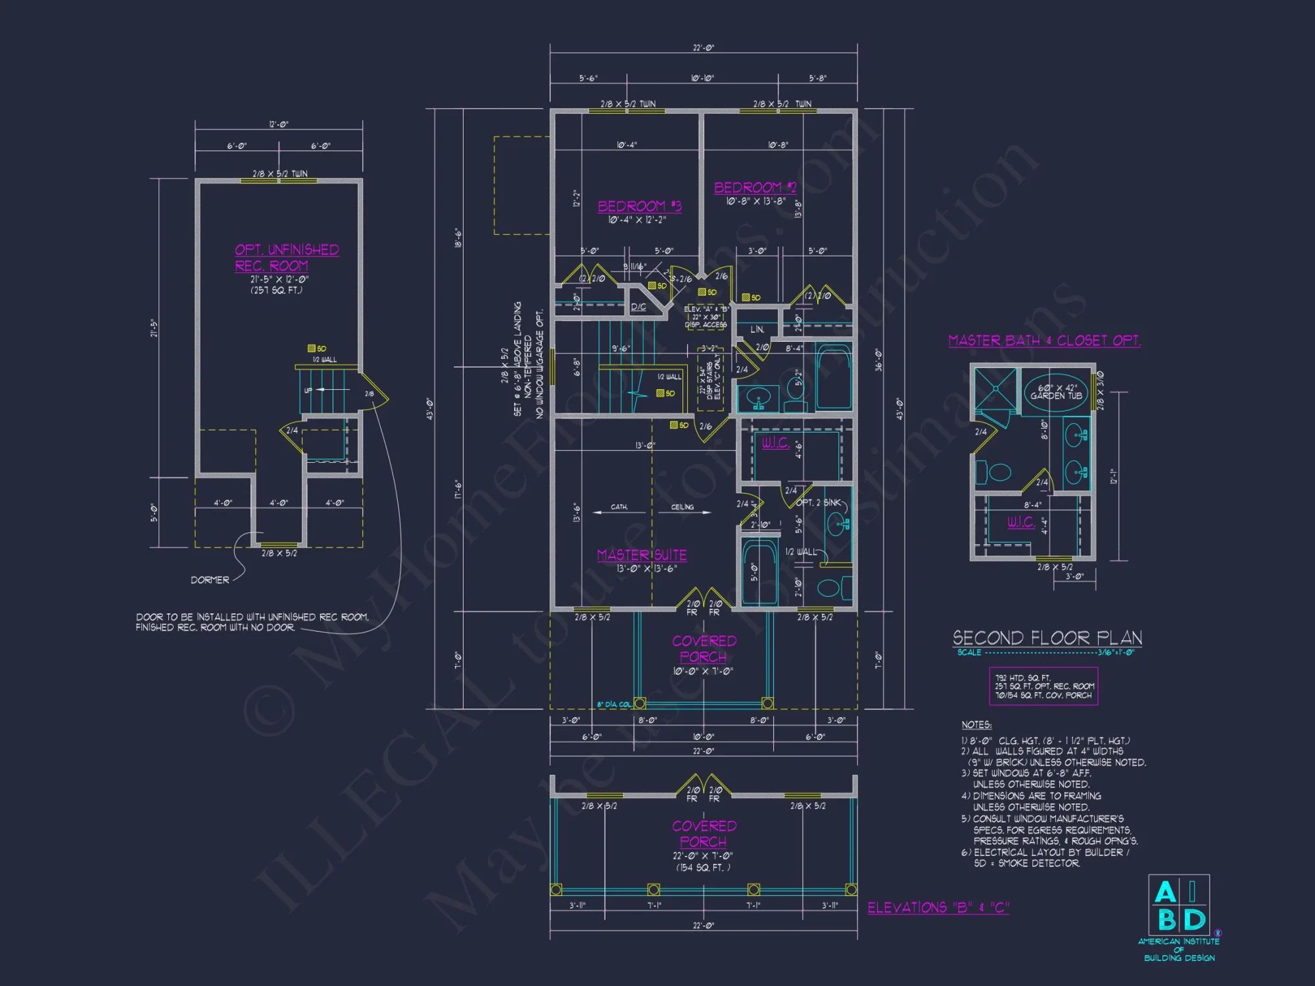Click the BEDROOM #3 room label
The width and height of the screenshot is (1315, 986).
[x=639, y=206]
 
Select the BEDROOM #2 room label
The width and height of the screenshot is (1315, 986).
[x=755, y=188]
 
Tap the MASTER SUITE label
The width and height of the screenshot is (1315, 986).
[x=642, y=555]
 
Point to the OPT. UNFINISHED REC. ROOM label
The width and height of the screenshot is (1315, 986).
[x=287, y=258]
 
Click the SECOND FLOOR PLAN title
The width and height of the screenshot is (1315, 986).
[x=1047, y=638]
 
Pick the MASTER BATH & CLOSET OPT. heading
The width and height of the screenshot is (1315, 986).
[x=1044, y=340]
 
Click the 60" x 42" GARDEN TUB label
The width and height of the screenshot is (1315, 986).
[x=1057, y=392]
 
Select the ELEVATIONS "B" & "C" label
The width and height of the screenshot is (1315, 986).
[x=938, y=908]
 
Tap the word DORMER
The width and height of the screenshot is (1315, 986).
[x=210, y=580]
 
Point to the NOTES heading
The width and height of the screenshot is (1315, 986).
[x=976, y=724]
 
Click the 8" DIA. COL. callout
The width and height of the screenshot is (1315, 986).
[x=613, y=705]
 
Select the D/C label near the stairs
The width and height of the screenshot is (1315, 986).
[x=638, y=307]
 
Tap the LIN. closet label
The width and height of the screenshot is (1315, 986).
[x=757, y=329]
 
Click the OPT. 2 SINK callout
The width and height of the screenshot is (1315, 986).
[x=818, y=502]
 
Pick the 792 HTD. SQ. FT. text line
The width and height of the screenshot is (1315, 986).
[x=1022, y=678]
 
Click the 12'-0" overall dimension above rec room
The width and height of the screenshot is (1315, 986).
[x=279, y=124]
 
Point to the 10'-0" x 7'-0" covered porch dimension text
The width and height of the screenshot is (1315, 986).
[x=703, y=671]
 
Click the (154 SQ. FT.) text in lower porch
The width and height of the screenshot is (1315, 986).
[x=703, y=868]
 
